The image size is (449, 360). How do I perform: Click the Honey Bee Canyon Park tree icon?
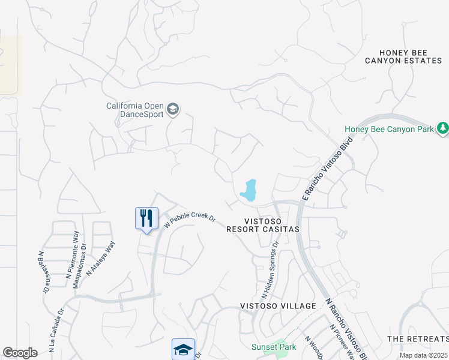pos(443,128)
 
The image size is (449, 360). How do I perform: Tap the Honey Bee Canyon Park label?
pos(388,129)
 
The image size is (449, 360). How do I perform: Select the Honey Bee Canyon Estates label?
pos(403,57)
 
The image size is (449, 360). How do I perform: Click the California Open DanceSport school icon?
pos(173,109)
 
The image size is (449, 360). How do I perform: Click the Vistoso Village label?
pos(278,306)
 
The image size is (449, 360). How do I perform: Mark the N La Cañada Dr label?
pos(56,330)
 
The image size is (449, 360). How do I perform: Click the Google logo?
pos(20,353)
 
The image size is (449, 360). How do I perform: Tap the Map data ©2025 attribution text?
pos(423,355)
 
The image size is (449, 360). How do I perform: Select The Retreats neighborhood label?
pos(418,339)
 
